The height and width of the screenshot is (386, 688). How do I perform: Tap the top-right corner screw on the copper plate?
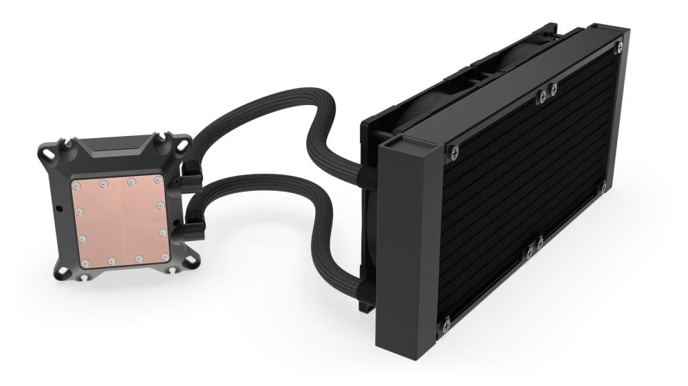tap(159, 180)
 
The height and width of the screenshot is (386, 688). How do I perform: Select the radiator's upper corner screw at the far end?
tap(619, 47)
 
